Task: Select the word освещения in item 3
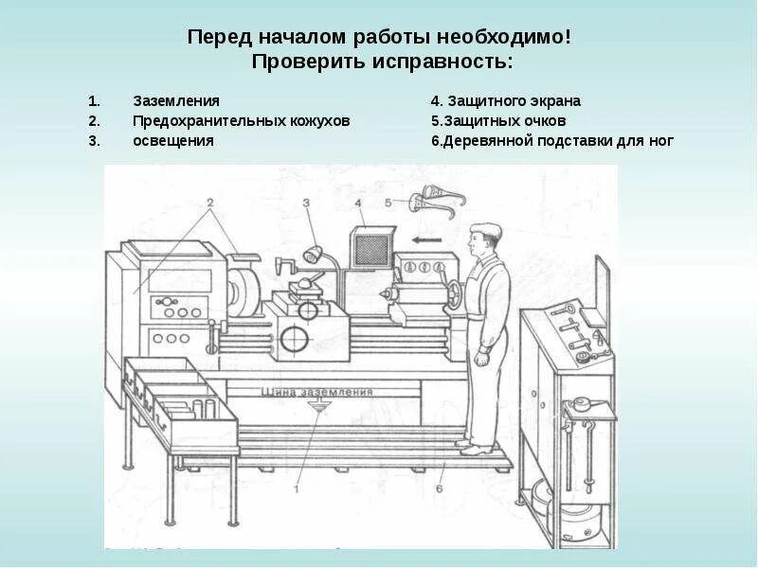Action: point(172,140)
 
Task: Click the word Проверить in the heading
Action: point(306,62)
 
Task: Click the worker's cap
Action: point(487,229)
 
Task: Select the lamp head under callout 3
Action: point(313,254)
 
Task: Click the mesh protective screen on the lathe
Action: point(370,249)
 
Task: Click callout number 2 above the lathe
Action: point(209,202)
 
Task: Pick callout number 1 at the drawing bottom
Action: point(297,488)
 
